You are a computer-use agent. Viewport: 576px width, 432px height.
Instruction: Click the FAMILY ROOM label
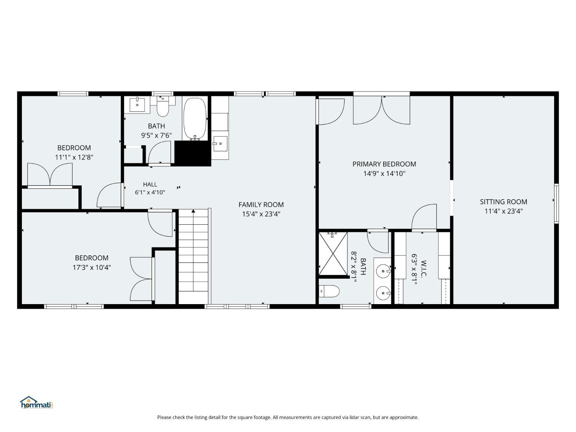(261, 205)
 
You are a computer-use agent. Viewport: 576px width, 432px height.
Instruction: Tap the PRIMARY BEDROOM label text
(384, 164)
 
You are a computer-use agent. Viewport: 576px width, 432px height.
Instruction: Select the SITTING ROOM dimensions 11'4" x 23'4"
(503, 211)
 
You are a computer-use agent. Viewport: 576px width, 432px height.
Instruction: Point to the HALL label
(150, 184)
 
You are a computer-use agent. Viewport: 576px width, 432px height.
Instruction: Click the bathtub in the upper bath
(195, 119)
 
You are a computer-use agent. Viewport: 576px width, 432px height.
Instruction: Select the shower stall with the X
(333, 254)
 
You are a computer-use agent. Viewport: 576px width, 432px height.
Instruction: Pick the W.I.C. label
(423, 268)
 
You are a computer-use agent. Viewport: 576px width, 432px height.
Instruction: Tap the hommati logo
(36, 402)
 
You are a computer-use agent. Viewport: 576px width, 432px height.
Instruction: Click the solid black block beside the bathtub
(193, 154)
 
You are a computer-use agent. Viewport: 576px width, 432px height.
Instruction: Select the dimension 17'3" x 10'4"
(91, 268)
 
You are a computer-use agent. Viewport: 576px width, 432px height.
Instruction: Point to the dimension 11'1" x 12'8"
(74, 157)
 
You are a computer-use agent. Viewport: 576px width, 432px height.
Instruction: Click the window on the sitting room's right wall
(556, 204)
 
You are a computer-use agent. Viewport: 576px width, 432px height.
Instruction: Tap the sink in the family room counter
(220, 144)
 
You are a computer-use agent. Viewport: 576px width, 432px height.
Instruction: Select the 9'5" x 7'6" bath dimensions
(156, 135)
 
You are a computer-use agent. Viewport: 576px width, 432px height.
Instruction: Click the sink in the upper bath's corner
(137, 105)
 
